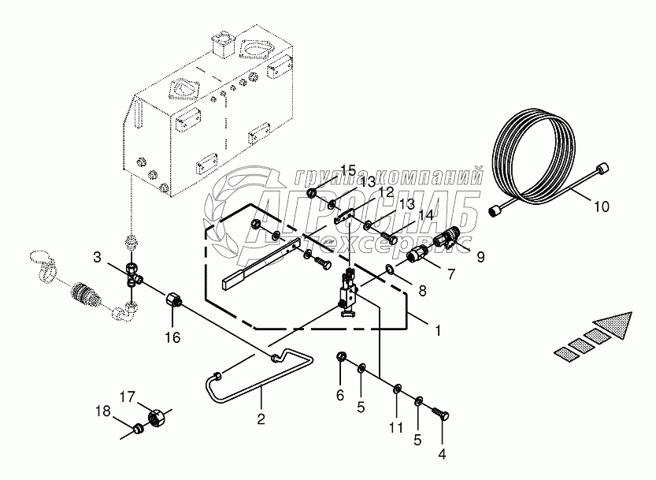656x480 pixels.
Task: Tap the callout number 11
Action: pyautogui.click(x=395, y=427)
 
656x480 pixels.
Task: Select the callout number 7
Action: pyautogui.click(x=451, y=274)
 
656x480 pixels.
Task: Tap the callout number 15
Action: pyautogui.click(x=348, y=170)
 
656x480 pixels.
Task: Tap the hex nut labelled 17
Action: pyautogui.click(x=158, y=416)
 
